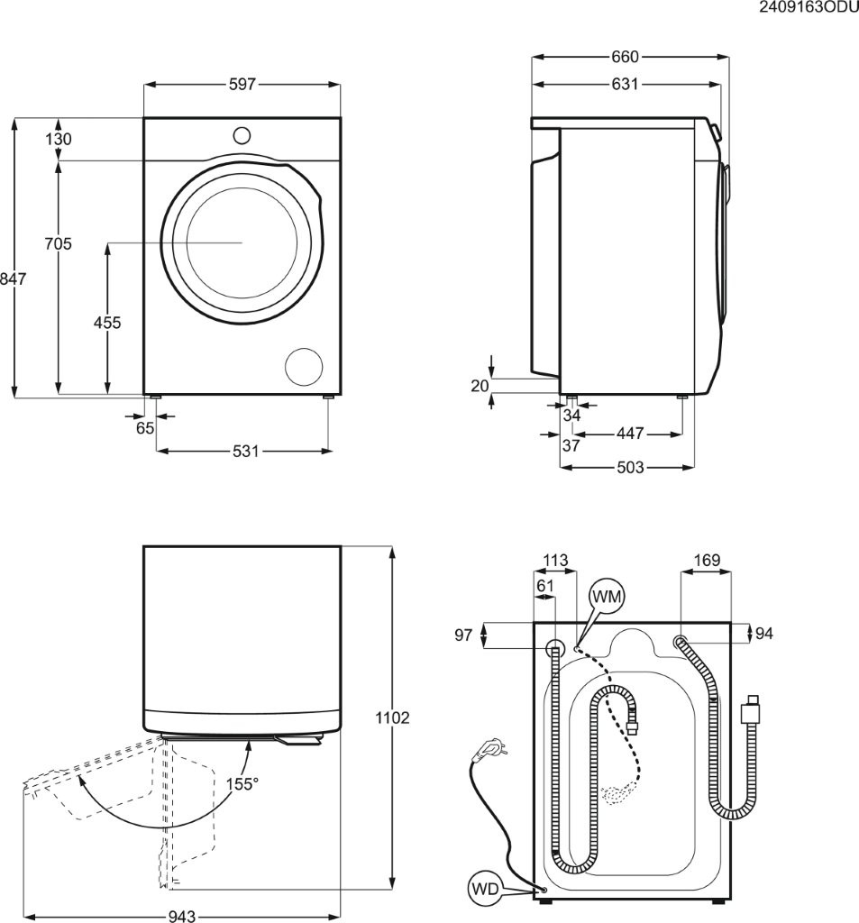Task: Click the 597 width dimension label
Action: click(x=242, y=85)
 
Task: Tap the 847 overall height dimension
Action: click(x=13, y=279)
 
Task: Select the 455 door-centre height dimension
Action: click(x=107, y=323)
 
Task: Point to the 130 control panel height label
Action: click(x=59, y=139)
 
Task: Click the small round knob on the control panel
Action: click(x=242, y=135)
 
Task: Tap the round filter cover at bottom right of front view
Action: click(x=304, y=367)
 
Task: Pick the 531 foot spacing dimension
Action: click(x=245, y=451)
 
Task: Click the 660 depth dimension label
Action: click(x=625, y=57)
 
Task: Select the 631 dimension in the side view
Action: click(x=625, y=85)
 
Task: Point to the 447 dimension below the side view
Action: click(x=629, y=434)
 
